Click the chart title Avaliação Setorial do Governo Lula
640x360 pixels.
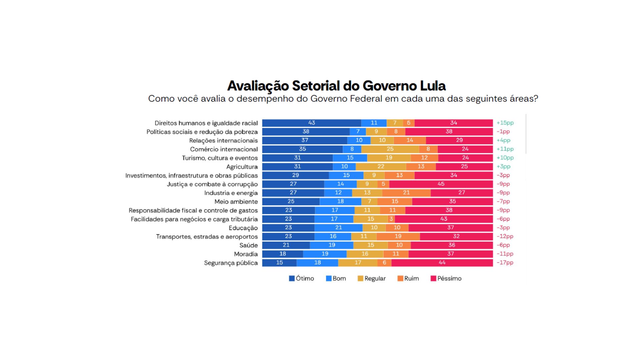point(336,86)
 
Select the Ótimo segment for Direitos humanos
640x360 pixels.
point(311,123)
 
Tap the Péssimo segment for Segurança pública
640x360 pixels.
point(442,263)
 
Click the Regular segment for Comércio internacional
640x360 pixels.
point(390,149)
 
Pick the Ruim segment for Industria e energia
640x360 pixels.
point(406,193)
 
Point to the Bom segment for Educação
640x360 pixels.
point(338,228)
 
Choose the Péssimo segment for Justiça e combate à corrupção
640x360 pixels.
point(441,184)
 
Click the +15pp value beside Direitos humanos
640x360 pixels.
point(505,123)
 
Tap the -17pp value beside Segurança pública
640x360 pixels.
point(505,263)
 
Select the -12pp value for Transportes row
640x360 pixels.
point(505,236)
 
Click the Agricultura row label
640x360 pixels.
point(242,167)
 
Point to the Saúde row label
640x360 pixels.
point(248,245)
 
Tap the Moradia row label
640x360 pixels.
point(246,254)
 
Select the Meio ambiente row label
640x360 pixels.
point(236,202)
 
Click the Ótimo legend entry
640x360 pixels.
point(301,278)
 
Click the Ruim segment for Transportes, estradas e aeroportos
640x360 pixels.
point(398,236)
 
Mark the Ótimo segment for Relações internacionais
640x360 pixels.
point(305,140)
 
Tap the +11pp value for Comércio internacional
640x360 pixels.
point(505,149)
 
